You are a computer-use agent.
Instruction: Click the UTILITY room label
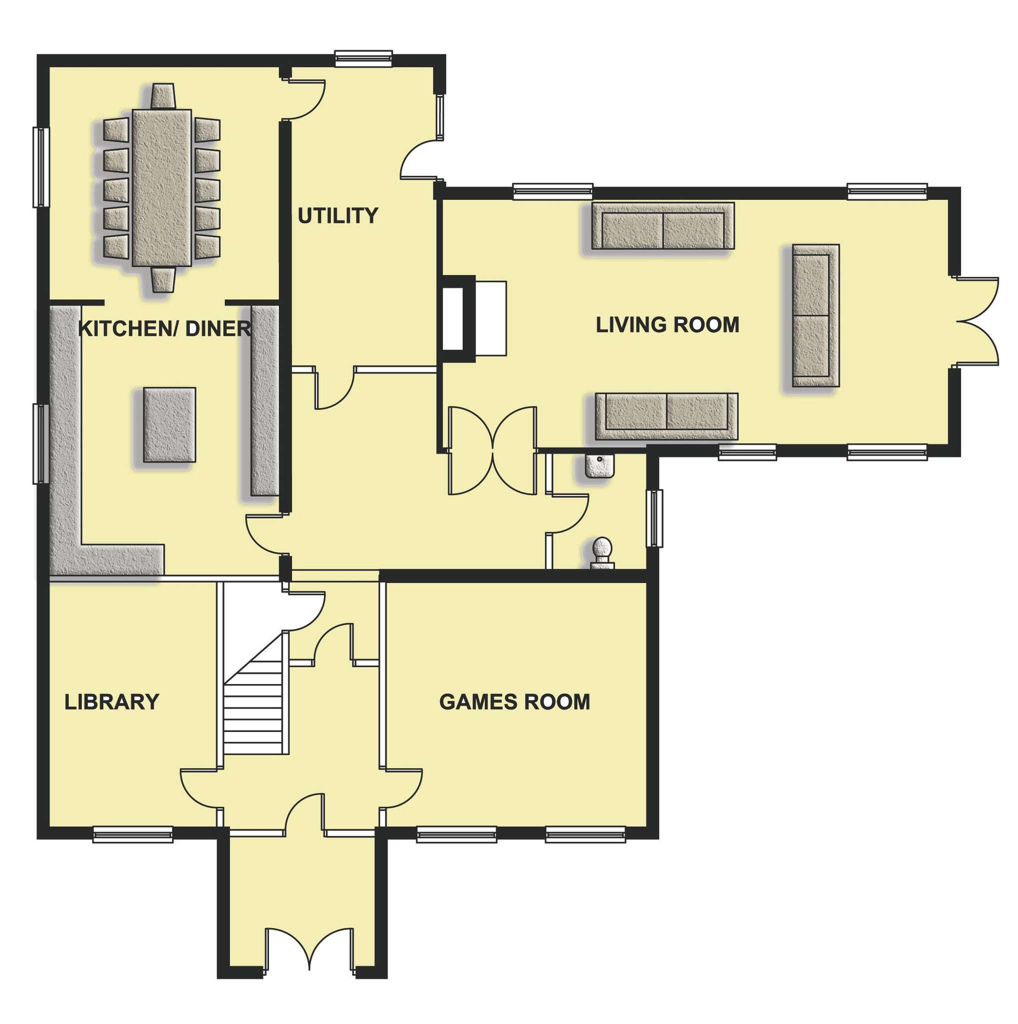coord(337,215)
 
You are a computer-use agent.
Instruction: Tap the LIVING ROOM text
coord(667,325)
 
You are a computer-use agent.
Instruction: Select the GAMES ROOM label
coord(514,701)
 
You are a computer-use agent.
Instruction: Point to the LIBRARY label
coord(112,701)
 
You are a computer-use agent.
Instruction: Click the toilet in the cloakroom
coord(602,554)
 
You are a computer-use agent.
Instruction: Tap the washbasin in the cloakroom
coord(599,465)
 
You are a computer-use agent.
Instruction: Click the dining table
coord(161,187)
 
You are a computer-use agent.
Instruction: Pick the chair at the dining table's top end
coord(162,96)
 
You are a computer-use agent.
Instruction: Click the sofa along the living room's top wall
coord(662,226)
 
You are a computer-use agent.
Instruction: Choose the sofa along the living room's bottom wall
coord(666,416)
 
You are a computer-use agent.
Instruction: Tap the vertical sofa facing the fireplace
coord(815,315)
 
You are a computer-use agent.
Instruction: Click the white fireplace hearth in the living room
coord(490,318)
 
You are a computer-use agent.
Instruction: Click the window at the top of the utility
coord(363,58)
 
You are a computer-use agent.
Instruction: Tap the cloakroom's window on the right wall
coord(654,518)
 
